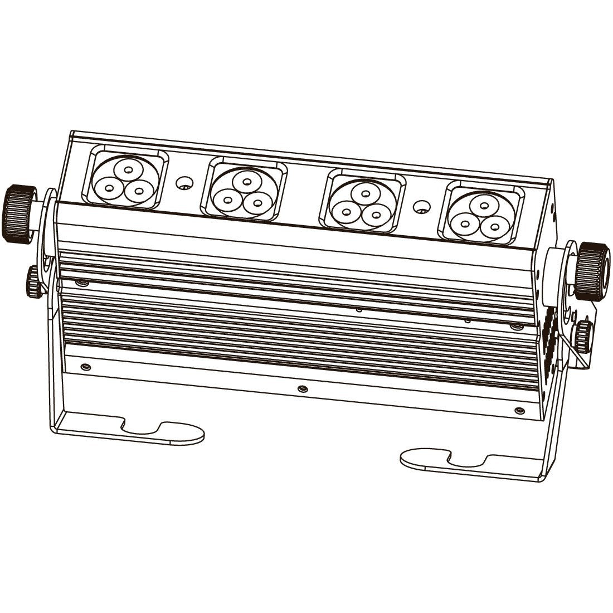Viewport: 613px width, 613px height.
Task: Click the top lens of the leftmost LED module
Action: [129, 169]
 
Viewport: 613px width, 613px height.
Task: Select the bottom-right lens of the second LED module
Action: [256, 202]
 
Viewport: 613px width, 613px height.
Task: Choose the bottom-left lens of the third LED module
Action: [347, 211]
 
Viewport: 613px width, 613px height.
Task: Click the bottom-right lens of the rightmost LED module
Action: [494, 226]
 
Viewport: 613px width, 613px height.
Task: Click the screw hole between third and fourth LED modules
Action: [422, 207]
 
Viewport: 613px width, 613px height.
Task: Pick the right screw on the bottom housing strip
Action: [519, 410]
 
